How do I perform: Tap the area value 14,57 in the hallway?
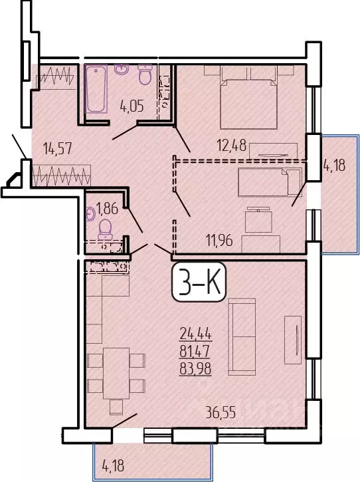(56, 149)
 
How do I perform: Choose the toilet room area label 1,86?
(107, 207)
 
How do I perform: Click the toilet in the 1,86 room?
(104, 229)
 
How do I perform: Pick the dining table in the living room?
(117, 373)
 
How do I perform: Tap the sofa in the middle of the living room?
(241, 336)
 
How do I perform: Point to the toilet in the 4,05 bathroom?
(144, 75)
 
